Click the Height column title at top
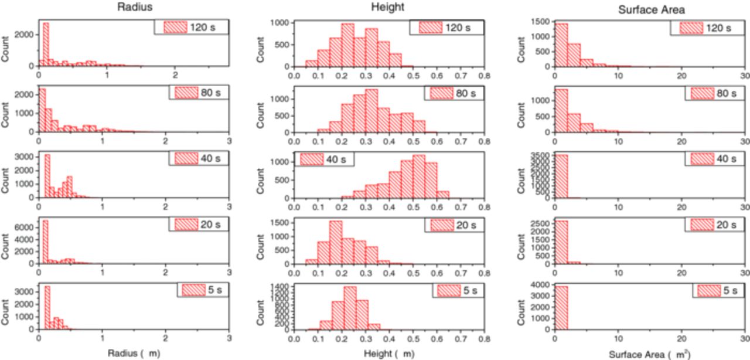387,7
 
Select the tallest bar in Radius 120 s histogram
46,45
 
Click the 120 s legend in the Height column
447,28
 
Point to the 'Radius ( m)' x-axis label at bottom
134,354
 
